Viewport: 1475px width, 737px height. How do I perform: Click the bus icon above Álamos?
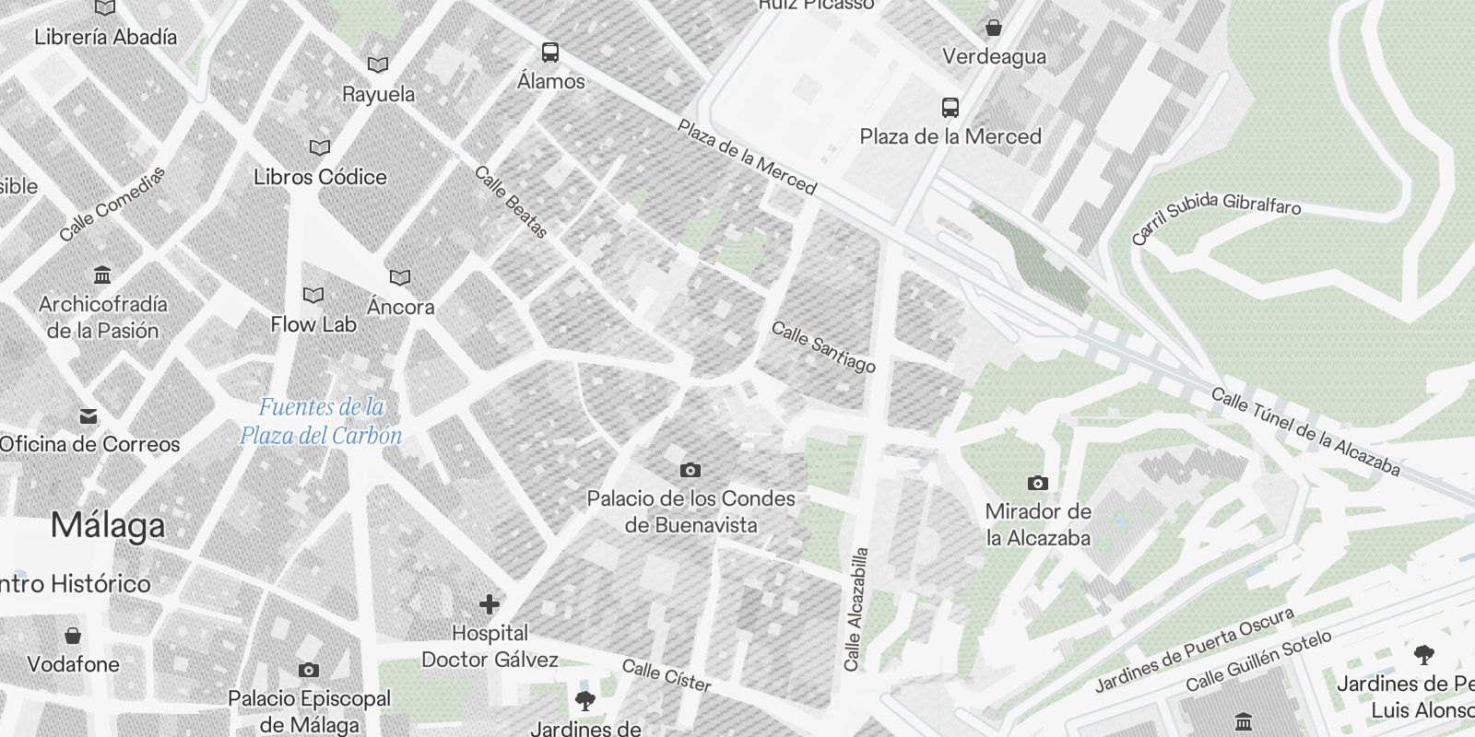[x=550, y=53]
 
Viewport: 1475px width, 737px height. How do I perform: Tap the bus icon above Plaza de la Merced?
[x=950, y=108]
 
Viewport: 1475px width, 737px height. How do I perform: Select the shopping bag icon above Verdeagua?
[x=994, y=28]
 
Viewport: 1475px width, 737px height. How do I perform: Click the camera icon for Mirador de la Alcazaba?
[x=1038, y=483]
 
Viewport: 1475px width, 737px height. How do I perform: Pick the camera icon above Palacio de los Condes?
[x=690, y=471]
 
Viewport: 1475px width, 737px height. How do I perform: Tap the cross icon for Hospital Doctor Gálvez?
[x=490, y=604]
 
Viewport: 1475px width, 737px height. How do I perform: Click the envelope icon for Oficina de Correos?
[x=88, y=416]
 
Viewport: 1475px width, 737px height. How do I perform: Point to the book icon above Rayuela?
[x=378, y=65]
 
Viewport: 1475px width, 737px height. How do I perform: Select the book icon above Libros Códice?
[x=320, y=147]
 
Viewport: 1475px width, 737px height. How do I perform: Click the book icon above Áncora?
[x=400, y=277]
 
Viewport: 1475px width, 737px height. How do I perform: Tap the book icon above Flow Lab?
[x=313, y=296]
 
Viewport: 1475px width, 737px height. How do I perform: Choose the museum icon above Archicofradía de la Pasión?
[x=102, y=275]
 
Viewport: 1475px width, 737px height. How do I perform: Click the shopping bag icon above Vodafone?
[x=73, y=636]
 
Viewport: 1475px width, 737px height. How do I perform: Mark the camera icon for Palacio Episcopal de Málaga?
[x=309, y=670]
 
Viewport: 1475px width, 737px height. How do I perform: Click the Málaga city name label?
[x=108, y=525]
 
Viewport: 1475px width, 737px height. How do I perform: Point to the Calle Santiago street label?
[x=823, y=346]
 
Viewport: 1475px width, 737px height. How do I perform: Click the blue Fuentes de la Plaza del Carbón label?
[x=321, y=420]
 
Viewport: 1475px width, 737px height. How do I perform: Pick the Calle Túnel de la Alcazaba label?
[x=1305, y=431]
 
